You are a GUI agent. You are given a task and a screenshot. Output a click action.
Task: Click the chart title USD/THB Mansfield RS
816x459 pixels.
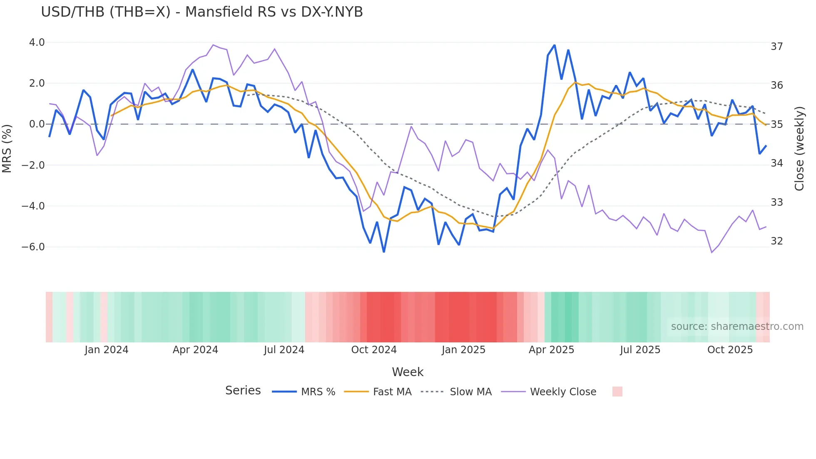tap(202, 12)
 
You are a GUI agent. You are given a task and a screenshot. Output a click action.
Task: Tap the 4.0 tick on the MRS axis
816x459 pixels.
tap(37, 42)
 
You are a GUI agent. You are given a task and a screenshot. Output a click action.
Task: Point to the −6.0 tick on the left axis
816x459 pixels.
tap(33, 247)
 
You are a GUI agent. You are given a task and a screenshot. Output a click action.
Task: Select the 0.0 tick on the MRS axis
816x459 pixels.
tap(37, 124)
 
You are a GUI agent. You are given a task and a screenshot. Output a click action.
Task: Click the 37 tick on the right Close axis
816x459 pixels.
tap(776, 47)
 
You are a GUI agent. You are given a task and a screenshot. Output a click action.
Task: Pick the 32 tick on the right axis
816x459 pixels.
tap(776, 241)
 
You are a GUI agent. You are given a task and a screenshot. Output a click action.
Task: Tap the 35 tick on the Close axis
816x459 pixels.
tap(776, 125)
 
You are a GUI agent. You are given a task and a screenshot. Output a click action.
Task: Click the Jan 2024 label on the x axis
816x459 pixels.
tap(106, 350)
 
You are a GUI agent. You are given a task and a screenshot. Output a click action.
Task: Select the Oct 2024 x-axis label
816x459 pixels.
tap(373, 350)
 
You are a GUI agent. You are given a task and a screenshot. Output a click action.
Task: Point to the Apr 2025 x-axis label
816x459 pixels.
tap(551, 350)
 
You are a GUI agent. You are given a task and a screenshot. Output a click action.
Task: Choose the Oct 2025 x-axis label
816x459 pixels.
tap(730, 350)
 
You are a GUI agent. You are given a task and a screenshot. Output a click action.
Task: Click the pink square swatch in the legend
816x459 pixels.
tap(617, 392)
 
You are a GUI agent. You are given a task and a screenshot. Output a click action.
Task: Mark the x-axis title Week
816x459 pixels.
tap(407, 372)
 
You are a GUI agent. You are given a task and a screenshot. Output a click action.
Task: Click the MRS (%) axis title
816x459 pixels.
tap(7, 148)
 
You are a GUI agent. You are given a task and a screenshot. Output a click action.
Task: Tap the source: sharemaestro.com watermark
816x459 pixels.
tap(737, 327)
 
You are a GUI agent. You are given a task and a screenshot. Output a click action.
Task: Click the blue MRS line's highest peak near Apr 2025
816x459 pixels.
tap(555, 45)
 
